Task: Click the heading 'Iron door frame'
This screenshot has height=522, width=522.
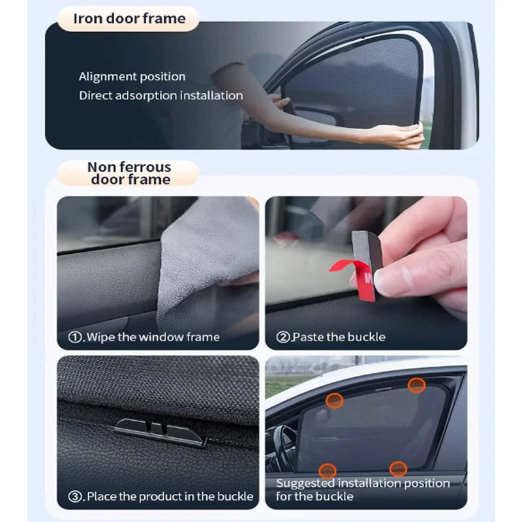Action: click(x=129, y=18)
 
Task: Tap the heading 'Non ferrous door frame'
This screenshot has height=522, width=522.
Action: click(x=129, y=173)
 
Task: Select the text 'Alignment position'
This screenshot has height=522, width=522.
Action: click(x=132, y=76)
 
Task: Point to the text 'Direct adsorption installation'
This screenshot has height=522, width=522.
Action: click(x=161, y=95)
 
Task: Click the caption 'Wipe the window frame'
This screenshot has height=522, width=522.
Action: click(x=153, y=337)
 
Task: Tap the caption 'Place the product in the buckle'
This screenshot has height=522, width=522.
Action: click(x=170, y=496)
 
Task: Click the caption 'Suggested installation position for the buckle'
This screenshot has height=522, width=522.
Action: click(x=363, y=489)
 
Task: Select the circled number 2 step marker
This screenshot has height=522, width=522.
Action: click(x=283, y=337)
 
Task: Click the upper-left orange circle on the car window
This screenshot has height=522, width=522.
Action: click(x=335, y=401)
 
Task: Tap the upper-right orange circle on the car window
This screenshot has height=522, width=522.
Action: click(x=417, y=385)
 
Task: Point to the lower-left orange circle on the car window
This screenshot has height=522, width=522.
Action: click(x=328, y=470)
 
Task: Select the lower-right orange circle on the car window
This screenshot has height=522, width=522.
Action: click(x=398, y=468)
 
